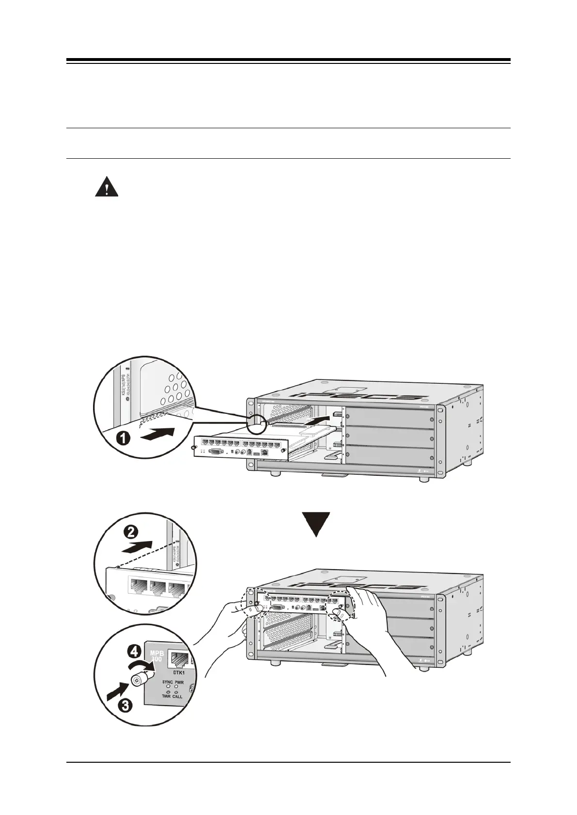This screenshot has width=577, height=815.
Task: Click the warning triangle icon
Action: point(107,187)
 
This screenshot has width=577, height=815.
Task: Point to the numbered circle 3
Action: point(125,706)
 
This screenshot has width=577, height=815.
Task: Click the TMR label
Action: point(166,697)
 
